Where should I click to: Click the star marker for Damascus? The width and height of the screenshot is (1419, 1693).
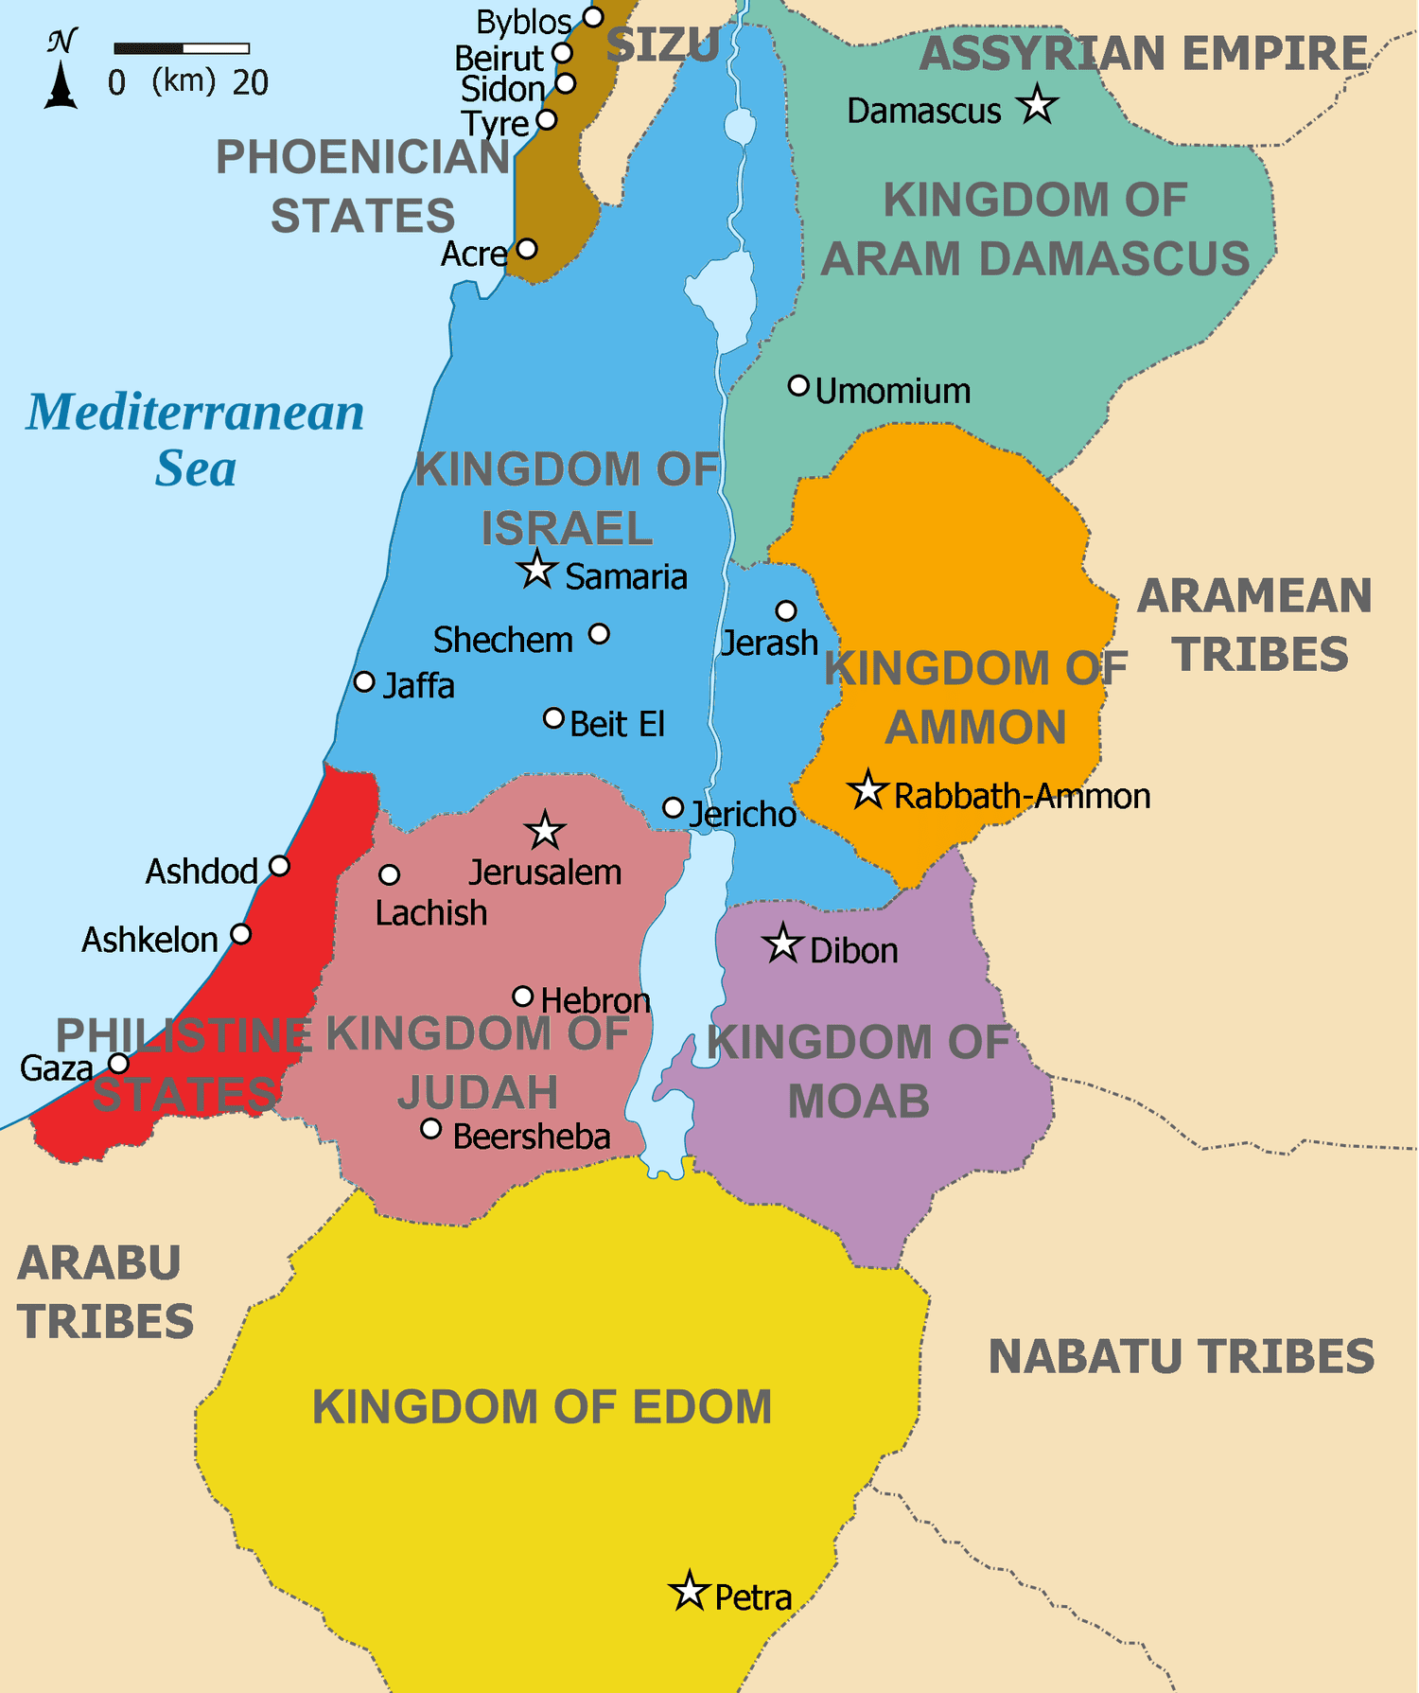[1038, 105]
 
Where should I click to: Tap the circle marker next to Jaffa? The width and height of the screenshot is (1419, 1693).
[364, 681]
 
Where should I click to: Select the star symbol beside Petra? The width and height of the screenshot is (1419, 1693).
[690, 1592]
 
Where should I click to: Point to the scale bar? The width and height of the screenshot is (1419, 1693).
[182, 48]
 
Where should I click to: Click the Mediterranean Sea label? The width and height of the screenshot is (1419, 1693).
[196, 440]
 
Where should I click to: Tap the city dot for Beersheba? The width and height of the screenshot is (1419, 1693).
[431, 1128]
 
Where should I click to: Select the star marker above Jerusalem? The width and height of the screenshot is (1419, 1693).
[545, 831]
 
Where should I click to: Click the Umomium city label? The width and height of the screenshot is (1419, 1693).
[892, 391]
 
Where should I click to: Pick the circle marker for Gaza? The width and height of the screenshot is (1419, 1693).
[118, 1064]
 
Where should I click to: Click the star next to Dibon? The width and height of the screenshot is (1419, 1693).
[782, 943]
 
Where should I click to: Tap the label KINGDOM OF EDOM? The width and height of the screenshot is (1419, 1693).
[542, 1406]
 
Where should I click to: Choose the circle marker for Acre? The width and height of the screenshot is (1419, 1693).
[527, 249]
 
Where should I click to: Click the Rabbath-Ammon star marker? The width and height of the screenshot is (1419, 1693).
[867, 790]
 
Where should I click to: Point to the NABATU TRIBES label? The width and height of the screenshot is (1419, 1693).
[1181, 1356]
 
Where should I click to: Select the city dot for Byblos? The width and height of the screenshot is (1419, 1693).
[593, 17]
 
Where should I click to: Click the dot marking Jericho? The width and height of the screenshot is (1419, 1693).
[673, 808]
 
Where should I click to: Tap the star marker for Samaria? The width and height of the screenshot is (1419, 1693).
[537, 571]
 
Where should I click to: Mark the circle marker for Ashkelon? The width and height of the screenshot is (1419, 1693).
[241, 934]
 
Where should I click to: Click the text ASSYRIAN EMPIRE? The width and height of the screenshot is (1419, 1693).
[1144, 53]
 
